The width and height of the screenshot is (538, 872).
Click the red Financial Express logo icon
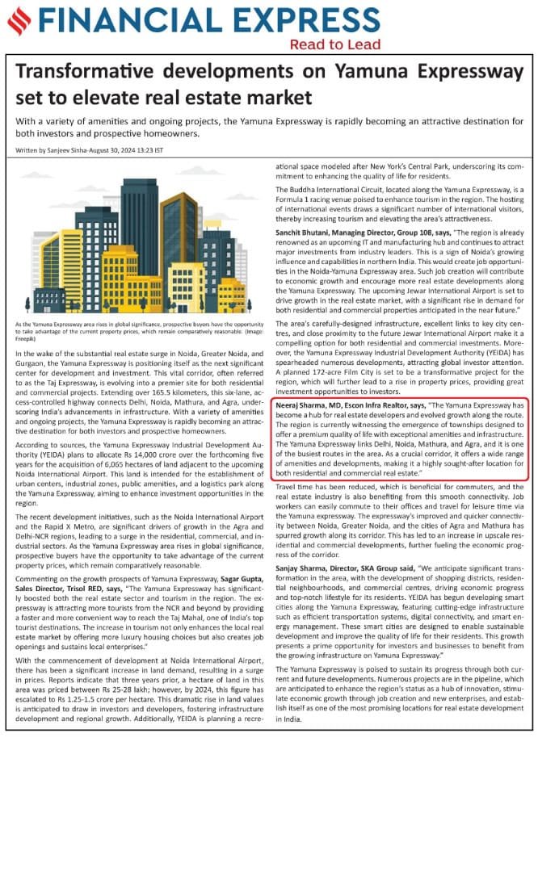point(19,22)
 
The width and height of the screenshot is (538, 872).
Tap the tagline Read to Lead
point(329,44)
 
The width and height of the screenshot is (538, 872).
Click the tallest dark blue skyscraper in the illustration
point(139,226)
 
